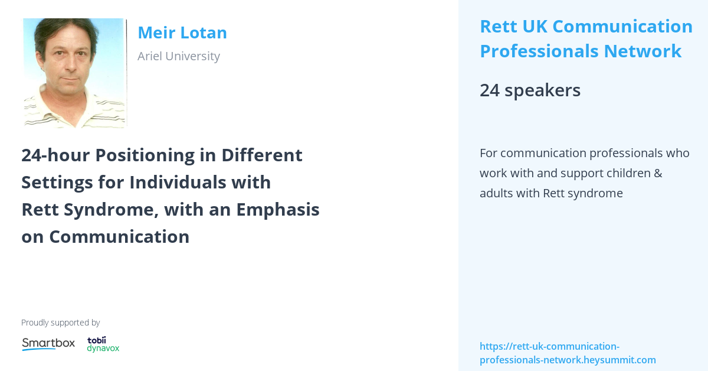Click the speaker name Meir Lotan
coord(182,33)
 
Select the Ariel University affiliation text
coord(178,56)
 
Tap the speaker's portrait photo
coord(74,73)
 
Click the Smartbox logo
coord(48,343)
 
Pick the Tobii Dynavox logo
coord(103,344)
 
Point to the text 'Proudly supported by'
coord(60,323)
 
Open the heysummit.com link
coord(567,353)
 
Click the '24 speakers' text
coord(530,90)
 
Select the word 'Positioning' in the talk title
coord(138,155)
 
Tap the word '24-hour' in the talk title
coord(55,155)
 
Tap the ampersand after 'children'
coord(657,173)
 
